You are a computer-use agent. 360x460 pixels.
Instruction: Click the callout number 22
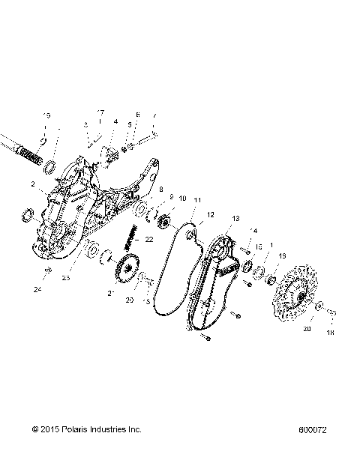pyautogui.click(x=149, y=239)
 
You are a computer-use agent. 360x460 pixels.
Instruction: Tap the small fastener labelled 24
pyautogui.click(x=47, y=270)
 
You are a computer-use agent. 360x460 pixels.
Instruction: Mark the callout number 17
pyautogui.click(x=100, y=112)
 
